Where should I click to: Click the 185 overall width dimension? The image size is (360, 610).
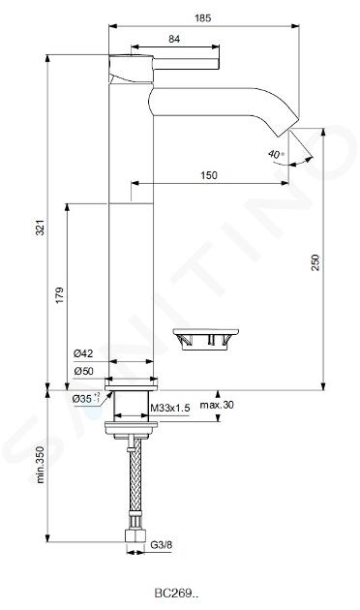pyautogui.click(x=202, y=17)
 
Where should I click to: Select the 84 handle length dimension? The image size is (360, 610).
pyautogui.click(x=174, y=39)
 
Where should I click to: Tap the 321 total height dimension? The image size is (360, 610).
pyautogui.click(x=41, y=228)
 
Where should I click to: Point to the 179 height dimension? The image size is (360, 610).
pyautogui.click(x=59, y=295)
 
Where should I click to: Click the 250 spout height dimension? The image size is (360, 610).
pyautogui.click(x=315, y=262)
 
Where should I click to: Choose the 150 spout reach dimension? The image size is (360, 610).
pyautogui.click(x=209, y=175)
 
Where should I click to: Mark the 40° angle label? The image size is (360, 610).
pyautogui.click(x=276, y=154)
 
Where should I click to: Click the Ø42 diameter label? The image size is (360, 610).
pyautogui.click(x=83, y=353)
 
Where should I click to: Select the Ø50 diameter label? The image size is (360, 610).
pyautogui.click(x=83, y=371)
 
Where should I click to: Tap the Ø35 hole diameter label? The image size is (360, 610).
pyautogui.click(x=86, y=399)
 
